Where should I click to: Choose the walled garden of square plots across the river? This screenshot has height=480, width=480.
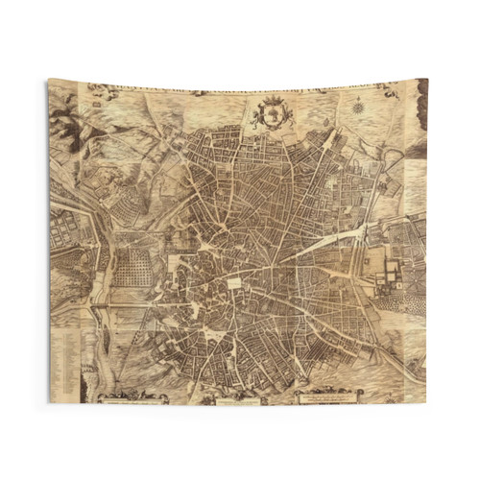(x=67, y=221)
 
